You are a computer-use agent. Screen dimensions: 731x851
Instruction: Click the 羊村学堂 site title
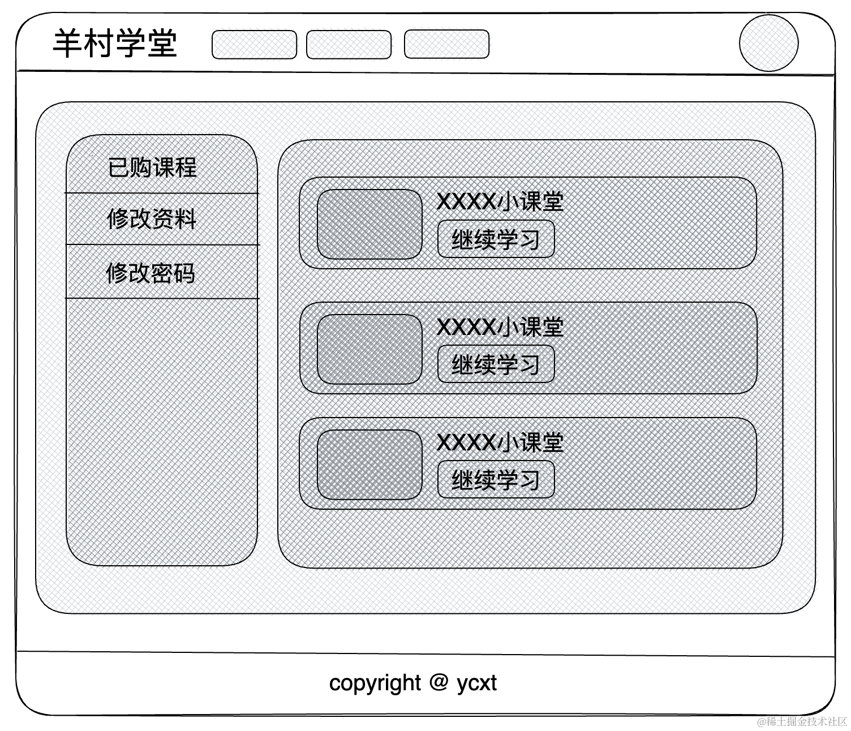point(115,44)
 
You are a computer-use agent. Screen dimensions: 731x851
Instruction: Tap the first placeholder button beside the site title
point(254,45)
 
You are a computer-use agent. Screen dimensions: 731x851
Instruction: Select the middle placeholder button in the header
point(349,45)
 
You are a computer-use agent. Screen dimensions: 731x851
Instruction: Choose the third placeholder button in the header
point(446,44)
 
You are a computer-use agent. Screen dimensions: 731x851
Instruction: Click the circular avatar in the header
point(768,43)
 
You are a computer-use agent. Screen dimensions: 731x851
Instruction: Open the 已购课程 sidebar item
point(152,167)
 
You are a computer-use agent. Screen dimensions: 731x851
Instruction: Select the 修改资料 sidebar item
point(152,219)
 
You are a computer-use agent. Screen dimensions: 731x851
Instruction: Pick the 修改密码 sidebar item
point(151,273)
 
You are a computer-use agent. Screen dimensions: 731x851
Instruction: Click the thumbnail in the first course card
point(369,224)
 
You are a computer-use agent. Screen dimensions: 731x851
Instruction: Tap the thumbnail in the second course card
point(369,349)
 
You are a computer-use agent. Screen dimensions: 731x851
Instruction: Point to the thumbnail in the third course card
point(369,465)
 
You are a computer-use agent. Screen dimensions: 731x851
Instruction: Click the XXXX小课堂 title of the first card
point(500,202)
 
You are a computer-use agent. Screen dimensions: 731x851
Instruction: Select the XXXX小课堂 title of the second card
point(500,327)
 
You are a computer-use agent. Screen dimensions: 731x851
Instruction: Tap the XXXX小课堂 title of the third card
point(500,442)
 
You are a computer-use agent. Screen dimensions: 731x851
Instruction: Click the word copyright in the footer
point(375,683)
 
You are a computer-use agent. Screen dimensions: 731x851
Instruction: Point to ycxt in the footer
point(476,683)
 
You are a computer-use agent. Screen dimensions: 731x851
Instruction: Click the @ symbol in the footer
point(439,682)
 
